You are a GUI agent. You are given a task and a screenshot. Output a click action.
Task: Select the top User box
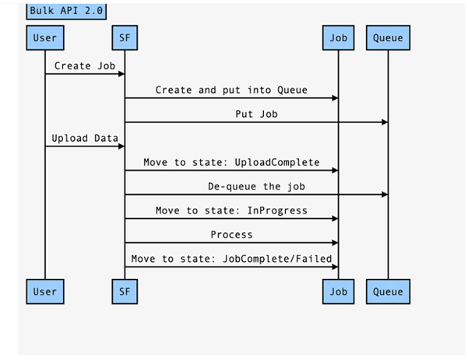tap(44, 37)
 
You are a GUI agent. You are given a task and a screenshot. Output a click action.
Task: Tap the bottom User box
tap(44, 291)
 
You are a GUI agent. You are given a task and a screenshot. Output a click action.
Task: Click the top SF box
tap(125, 37)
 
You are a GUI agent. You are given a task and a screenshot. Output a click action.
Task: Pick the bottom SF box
tap(125, 291)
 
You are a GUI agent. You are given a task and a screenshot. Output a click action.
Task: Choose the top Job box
tap(338, 37)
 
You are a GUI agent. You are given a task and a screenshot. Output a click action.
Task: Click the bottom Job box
tap(338, 291)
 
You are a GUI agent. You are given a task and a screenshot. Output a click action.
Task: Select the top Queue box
tap(388, 37)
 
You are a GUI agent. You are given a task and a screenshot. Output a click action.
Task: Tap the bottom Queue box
tap(388, 291)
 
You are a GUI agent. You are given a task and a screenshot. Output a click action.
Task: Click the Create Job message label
tap(85, 65)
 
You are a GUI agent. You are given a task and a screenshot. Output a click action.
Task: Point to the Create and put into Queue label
tap(231, 90)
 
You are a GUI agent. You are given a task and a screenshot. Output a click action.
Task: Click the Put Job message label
tap(256, 114)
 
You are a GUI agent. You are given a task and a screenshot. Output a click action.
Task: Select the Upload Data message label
tap(85, 138)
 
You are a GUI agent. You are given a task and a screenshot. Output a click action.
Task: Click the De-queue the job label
tap(256, 186)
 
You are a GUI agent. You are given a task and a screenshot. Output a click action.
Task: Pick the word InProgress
tap(277, 210)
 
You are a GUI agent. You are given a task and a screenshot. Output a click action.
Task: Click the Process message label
tap(231, 234)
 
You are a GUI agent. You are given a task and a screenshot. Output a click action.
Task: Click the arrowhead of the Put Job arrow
tap(384, 122)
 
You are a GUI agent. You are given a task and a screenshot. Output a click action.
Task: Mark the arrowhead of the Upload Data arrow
tap(121, 146)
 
